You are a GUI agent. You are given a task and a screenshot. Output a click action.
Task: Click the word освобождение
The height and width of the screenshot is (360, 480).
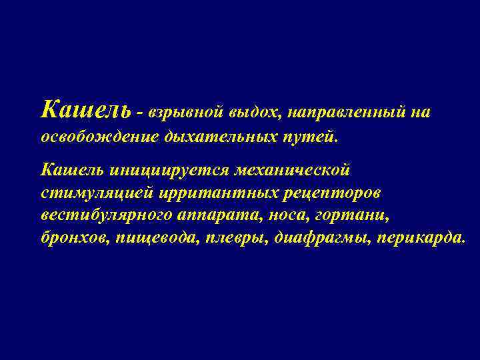[x=99, y=137]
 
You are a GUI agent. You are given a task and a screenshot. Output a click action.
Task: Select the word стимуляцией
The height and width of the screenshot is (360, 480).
[x=97, y=193]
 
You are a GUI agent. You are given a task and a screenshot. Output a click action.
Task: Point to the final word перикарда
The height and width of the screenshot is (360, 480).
[x=420, y=238]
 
